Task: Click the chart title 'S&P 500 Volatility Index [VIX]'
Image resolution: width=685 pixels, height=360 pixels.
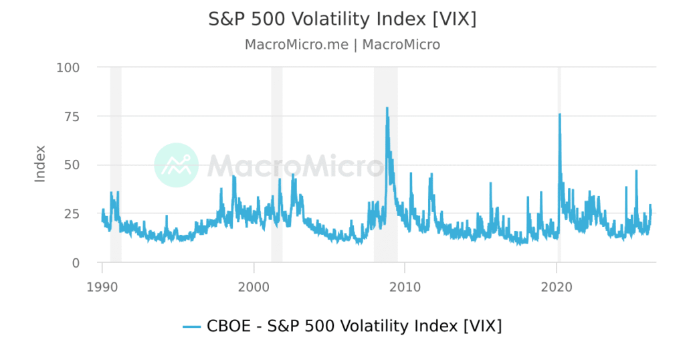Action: point(342,19)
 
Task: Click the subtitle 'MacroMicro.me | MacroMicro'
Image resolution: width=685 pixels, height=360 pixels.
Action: point(342,45)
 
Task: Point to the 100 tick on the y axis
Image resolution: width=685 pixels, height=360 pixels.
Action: point(68,68)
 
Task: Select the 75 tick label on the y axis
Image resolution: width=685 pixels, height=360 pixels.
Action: point(70,116)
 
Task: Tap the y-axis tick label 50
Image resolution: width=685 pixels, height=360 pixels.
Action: point(70,165)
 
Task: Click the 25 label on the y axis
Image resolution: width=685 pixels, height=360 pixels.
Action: point(70,214)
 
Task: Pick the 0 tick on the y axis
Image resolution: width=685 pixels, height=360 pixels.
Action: point(75,263)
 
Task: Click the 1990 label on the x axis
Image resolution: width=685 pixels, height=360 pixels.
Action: point(102,286)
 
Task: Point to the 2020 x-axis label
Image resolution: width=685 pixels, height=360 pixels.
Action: point(557,286)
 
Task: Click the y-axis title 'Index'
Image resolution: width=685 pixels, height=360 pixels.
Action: point(40,163)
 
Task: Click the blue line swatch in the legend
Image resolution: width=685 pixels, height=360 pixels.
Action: point(192,327)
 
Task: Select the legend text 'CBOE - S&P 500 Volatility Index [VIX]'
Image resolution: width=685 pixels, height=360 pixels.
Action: point(355,327)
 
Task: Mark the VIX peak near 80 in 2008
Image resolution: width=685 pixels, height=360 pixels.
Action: point(387,108)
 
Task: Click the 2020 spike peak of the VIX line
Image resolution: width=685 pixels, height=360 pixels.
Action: point(559,114)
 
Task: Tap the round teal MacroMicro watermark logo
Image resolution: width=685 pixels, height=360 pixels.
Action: point(176,165)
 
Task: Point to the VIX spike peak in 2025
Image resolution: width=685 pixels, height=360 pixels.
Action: point(636,171)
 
